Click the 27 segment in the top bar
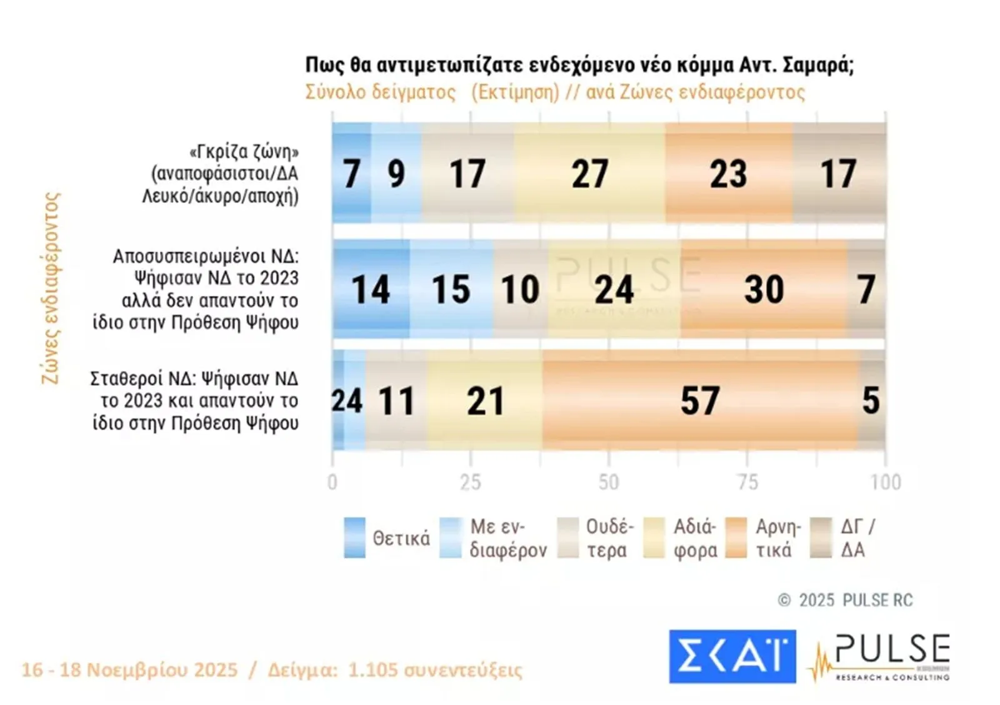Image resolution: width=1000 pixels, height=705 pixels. [x=589, y=173]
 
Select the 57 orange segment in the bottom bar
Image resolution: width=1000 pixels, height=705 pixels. [x=700, y=400]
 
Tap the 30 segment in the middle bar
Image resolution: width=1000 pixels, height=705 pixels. [x=764, y=289]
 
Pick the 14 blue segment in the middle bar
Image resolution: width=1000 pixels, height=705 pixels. [x=371, y=289]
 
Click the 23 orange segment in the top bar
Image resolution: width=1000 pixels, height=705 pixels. [x=729, y=173]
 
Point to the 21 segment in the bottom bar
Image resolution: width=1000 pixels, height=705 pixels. [x=485, y=400]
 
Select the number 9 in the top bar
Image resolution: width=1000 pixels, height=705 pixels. [x=396, y=173]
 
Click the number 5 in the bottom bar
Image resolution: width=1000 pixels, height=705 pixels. [x=871, y=400]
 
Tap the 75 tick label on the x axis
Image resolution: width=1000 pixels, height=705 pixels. [x=747, y=482]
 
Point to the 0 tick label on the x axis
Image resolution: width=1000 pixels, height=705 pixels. [x=332, y=482]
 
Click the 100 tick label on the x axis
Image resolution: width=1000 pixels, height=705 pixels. [x=886, y=482]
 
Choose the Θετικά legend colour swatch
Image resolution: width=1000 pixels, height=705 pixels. [x=354, y=537]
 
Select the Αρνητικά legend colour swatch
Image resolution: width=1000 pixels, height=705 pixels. [x=736, y=537]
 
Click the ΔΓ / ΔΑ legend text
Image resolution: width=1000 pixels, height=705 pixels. [x=857, y=538]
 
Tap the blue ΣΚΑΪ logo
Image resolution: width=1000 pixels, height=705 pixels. [x=732, y=656]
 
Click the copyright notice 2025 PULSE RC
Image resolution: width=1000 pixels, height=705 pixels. [x=846, y=600]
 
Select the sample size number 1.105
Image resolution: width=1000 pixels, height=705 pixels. [x=372, y=670]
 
